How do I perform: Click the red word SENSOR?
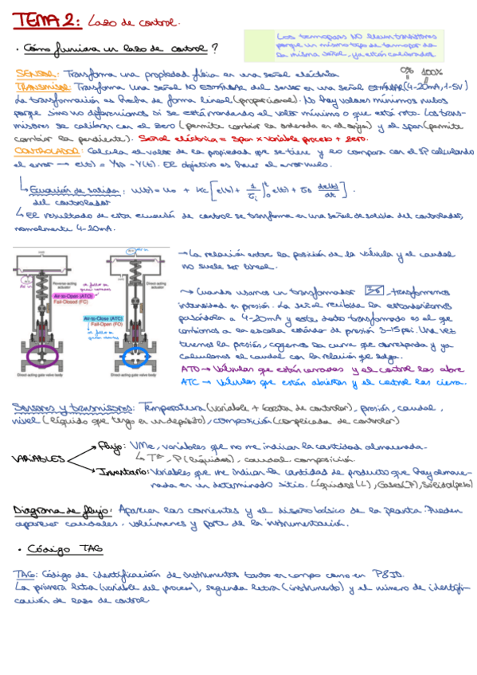[34, 72]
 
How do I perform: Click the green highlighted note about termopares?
[358, 46]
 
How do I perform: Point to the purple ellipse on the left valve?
[40, 353]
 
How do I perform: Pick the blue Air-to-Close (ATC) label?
[123, 318]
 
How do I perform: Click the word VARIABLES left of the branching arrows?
[39, 460]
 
